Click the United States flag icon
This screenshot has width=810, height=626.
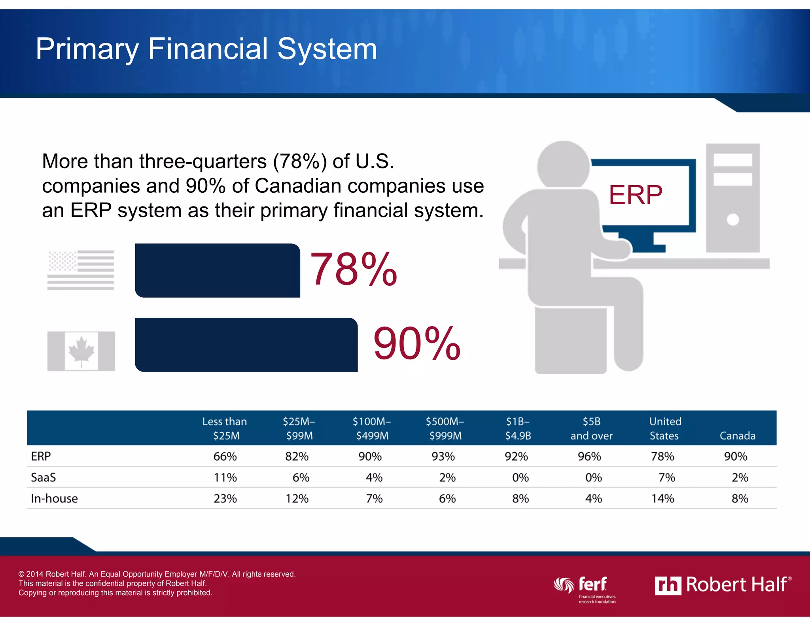coord(81,270)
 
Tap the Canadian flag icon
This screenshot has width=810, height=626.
coord(81,351)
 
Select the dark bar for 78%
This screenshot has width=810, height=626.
coord(217,270)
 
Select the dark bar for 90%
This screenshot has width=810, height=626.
coord(246,345)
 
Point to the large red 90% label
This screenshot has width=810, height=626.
coord(417,343)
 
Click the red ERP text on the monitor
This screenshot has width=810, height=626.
coord(635,195)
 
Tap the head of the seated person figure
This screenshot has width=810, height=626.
coord(563,165)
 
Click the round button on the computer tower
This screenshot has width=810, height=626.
coord(732,219)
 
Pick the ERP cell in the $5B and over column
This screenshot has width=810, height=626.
coord(589,456)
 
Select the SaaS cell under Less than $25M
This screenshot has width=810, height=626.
coord(225,478)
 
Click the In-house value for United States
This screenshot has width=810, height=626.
coord(663,499)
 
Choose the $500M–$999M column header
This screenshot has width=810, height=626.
coord(445,429)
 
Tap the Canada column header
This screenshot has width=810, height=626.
coord(737,436)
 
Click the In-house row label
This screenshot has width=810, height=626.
coord(54,499)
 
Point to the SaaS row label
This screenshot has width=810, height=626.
coord(43,478)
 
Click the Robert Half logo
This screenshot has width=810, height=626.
coord(723,585)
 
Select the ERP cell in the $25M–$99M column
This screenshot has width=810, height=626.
coord(297,456)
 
